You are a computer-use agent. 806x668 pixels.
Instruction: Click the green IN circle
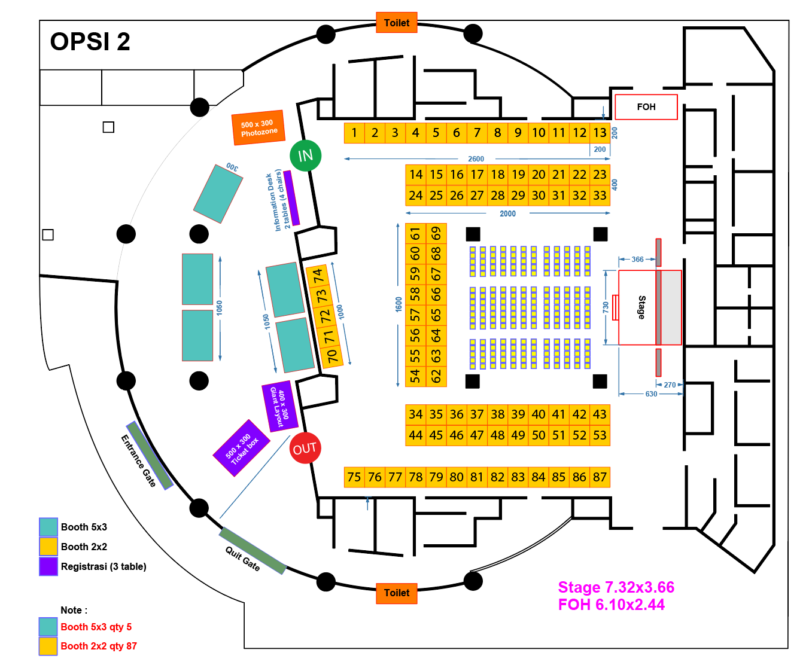tap(305, 155)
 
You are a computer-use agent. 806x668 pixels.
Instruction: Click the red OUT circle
tap(305, 448)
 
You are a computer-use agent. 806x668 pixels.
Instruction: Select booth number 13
tap(600, 133)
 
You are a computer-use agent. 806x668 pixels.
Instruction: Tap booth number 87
tap(600, 477)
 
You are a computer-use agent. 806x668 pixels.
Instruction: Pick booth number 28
tap(497, 196)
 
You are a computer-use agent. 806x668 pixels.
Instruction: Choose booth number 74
tap(318, 276)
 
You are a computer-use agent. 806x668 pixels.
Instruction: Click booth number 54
tap(415, 376)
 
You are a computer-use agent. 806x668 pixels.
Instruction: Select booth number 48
tap(497, 435)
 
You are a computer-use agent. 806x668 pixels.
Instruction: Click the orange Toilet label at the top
tap(397, 23)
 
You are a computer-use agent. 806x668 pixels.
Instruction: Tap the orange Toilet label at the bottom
tap(397, 593)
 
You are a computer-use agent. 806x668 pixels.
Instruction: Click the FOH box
tap(646, 107)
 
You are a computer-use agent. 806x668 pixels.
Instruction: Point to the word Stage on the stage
tap(641, 307)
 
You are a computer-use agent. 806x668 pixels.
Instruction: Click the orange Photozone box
tap(258, 128)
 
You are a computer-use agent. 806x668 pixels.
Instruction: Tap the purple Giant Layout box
tap(279, 406)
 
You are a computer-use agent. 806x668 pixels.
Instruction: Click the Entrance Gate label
tap(138, 460)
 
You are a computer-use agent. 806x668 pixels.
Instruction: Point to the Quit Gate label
tap(242, 558)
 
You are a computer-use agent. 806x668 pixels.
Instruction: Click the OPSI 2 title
tap(90, 42)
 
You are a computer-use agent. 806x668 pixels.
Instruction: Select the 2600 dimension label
tap(476, 159)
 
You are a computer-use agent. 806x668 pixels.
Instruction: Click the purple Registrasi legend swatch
tap(48, 566)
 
